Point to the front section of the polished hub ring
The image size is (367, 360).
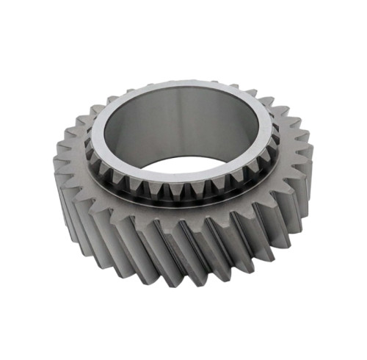pyautogui.click(x=183, y=177)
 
